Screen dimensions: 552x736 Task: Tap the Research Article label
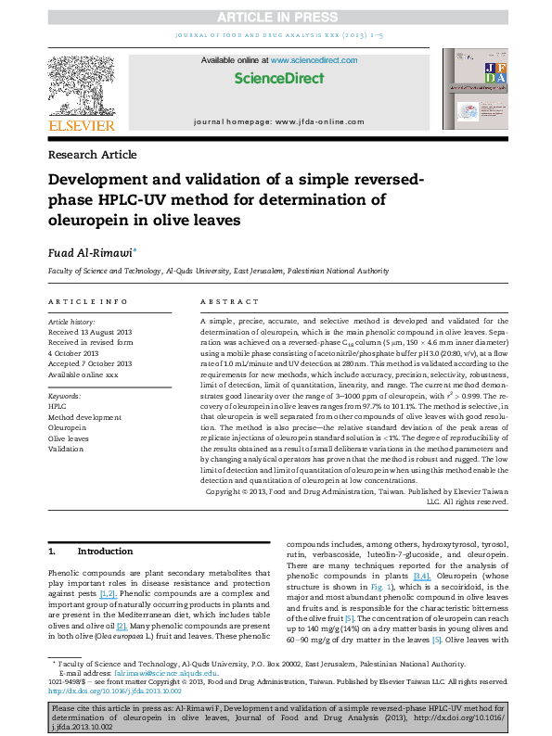[x=91, y=154]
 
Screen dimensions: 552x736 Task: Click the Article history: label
[x=71, y=320]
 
